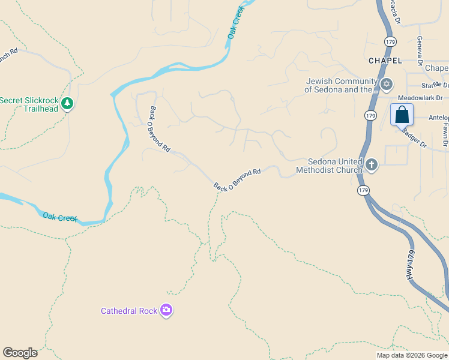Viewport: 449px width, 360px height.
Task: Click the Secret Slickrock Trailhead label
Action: coord(30,104)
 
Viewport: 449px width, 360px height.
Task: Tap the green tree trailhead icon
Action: coord(68,104)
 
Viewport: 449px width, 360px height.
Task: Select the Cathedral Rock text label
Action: coord(128,311)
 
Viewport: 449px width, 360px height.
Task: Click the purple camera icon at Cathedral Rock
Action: coord(166,310)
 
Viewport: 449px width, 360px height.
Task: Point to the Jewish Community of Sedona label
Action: coord(340,86)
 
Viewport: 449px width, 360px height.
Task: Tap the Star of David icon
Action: coord(387,83)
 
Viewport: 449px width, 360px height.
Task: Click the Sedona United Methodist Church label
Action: coord(329,166)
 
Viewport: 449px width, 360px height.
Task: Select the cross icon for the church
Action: coord(372,164)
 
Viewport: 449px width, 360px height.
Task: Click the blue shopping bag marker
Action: coord(402,115)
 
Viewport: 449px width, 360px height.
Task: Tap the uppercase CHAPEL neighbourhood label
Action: coord(385,61)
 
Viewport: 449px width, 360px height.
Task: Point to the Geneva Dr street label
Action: coord(420,49)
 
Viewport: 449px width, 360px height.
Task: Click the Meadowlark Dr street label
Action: coord(420,98)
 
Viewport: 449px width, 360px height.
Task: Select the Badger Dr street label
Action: coord(414,137)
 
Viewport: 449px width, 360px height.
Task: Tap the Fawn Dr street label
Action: coord(445,134)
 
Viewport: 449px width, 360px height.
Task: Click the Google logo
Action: coord(20,353)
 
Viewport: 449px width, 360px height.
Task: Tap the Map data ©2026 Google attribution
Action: coord(412,355)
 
